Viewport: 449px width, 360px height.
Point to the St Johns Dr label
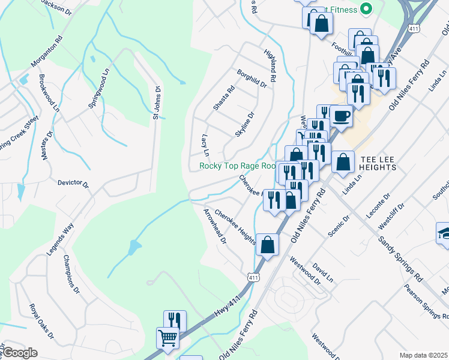pyautogui.click(x=157, y=103)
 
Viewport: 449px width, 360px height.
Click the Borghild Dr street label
pyautogui.click(x=251, y=78)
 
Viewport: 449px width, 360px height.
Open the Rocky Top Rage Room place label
pyautogui.click(x=238, y=166)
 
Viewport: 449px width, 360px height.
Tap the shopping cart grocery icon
pyautogui.click(x=167, y=337)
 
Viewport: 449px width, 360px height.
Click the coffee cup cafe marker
pyautogui.click(x=341, y=116)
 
